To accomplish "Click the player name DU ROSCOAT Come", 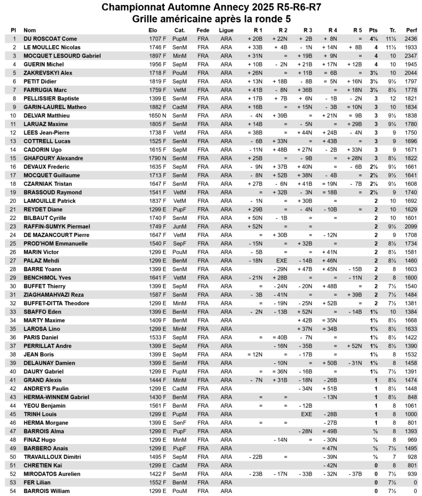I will (50, 39).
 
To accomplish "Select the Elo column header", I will (153, 30).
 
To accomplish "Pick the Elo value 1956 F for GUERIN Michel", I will (157, 64).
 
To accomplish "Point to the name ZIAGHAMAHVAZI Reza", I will (53, 294).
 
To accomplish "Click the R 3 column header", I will (307, 30).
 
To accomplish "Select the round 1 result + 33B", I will (255, 47).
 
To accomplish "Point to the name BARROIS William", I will (47, 491).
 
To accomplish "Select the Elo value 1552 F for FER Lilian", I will (157, 482).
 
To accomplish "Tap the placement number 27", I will (14, 261).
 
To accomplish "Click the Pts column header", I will (373, 30).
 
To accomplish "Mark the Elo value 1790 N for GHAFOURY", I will (157, 158).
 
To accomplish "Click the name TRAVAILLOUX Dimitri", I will (52, 457).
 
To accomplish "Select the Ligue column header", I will (226, 30).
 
